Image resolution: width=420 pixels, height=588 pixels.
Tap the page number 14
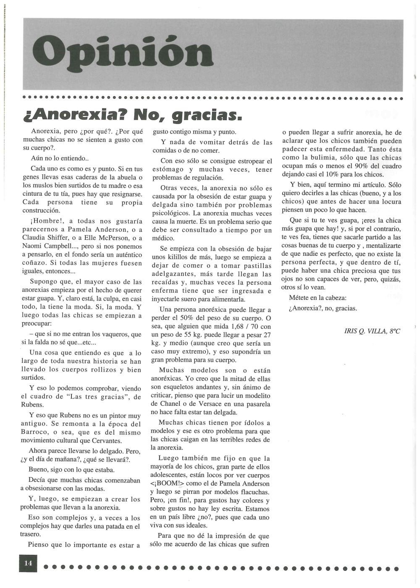click(28, 563)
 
